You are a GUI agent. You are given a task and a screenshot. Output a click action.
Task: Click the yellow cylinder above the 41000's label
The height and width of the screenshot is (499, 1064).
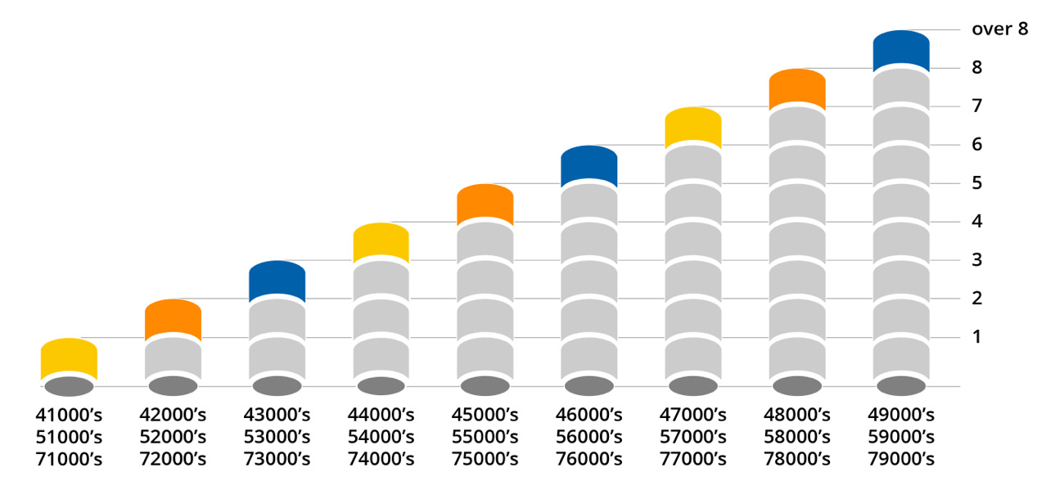coord(69,357)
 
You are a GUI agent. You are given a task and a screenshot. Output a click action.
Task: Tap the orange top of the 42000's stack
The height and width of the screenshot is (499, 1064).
coord(173,319)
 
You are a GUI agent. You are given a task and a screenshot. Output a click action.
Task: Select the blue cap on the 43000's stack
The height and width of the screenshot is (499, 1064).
coord(277,281)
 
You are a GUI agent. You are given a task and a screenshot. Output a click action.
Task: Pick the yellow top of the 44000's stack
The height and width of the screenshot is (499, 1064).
coord(381,242)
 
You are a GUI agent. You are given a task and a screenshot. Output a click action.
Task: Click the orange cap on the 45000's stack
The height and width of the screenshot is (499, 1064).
coord(485,204)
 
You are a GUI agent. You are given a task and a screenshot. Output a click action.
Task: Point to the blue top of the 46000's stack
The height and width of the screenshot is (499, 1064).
coord(588,165)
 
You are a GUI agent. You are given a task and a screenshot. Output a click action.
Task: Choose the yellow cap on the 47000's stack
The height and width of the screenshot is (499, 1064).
coord(692,127)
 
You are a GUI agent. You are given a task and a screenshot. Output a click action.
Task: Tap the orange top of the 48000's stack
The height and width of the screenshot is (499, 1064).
coord(796,88)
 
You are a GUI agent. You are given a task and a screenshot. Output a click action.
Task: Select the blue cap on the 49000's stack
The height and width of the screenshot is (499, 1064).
coord(900,50)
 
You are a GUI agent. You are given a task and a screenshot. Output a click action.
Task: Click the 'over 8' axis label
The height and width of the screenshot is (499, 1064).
coord(999,29)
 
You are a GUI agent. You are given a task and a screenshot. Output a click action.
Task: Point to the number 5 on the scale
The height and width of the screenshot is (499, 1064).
coord(977,182)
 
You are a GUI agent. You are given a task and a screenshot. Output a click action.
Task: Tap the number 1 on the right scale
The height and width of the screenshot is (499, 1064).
coord(976,336)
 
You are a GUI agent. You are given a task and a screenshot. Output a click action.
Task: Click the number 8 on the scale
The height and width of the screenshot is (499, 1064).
coord(977,67)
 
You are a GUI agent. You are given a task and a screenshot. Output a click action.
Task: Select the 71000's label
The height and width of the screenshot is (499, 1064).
coord(70,460)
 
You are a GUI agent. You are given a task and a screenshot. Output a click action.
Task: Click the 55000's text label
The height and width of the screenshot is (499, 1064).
coord(485,437)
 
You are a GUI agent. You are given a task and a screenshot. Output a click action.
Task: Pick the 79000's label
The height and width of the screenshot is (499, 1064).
coord(900,460)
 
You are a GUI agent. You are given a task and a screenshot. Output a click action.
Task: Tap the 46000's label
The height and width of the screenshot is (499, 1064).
coord(588,414)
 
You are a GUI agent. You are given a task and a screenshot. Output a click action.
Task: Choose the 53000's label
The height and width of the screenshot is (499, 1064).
coord(277,437)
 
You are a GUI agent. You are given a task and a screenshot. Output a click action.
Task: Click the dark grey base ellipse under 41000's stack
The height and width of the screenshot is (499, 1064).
coord(69,386)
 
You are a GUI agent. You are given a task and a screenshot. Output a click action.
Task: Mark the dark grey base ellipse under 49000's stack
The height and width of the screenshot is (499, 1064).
coord(900,386)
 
